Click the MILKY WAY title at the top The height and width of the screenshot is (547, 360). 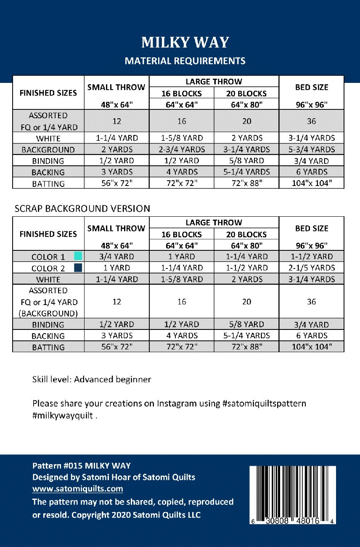click(185, 42)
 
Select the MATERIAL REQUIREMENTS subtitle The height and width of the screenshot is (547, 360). click(185, 61)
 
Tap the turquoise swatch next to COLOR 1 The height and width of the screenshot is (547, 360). click(78, 256)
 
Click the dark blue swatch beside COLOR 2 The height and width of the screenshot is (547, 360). click(78, 267)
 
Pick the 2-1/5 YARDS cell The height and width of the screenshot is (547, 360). click(311, 268)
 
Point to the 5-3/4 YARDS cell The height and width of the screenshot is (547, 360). click(311, 149)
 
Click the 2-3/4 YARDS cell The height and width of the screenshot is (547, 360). click(182, 149)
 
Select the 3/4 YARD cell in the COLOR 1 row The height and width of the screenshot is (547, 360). click(117, 256)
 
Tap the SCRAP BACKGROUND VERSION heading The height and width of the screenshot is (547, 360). click(82, 208)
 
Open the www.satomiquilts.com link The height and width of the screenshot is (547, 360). click(78, 489)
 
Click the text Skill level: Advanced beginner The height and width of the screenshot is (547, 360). click(92, 379)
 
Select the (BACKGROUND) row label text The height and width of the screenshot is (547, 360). click(48, 313)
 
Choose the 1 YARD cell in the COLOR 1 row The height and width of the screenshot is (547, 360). click(182, 256)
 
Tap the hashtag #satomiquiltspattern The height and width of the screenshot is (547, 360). click(264, 404)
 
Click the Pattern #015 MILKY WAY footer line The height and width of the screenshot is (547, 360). click(82, 465)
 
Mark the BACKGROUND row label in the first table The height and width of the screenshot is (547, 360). click(48, 150)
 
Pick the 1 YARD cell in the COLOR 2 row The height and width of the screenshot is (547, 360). click(117, 268)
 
